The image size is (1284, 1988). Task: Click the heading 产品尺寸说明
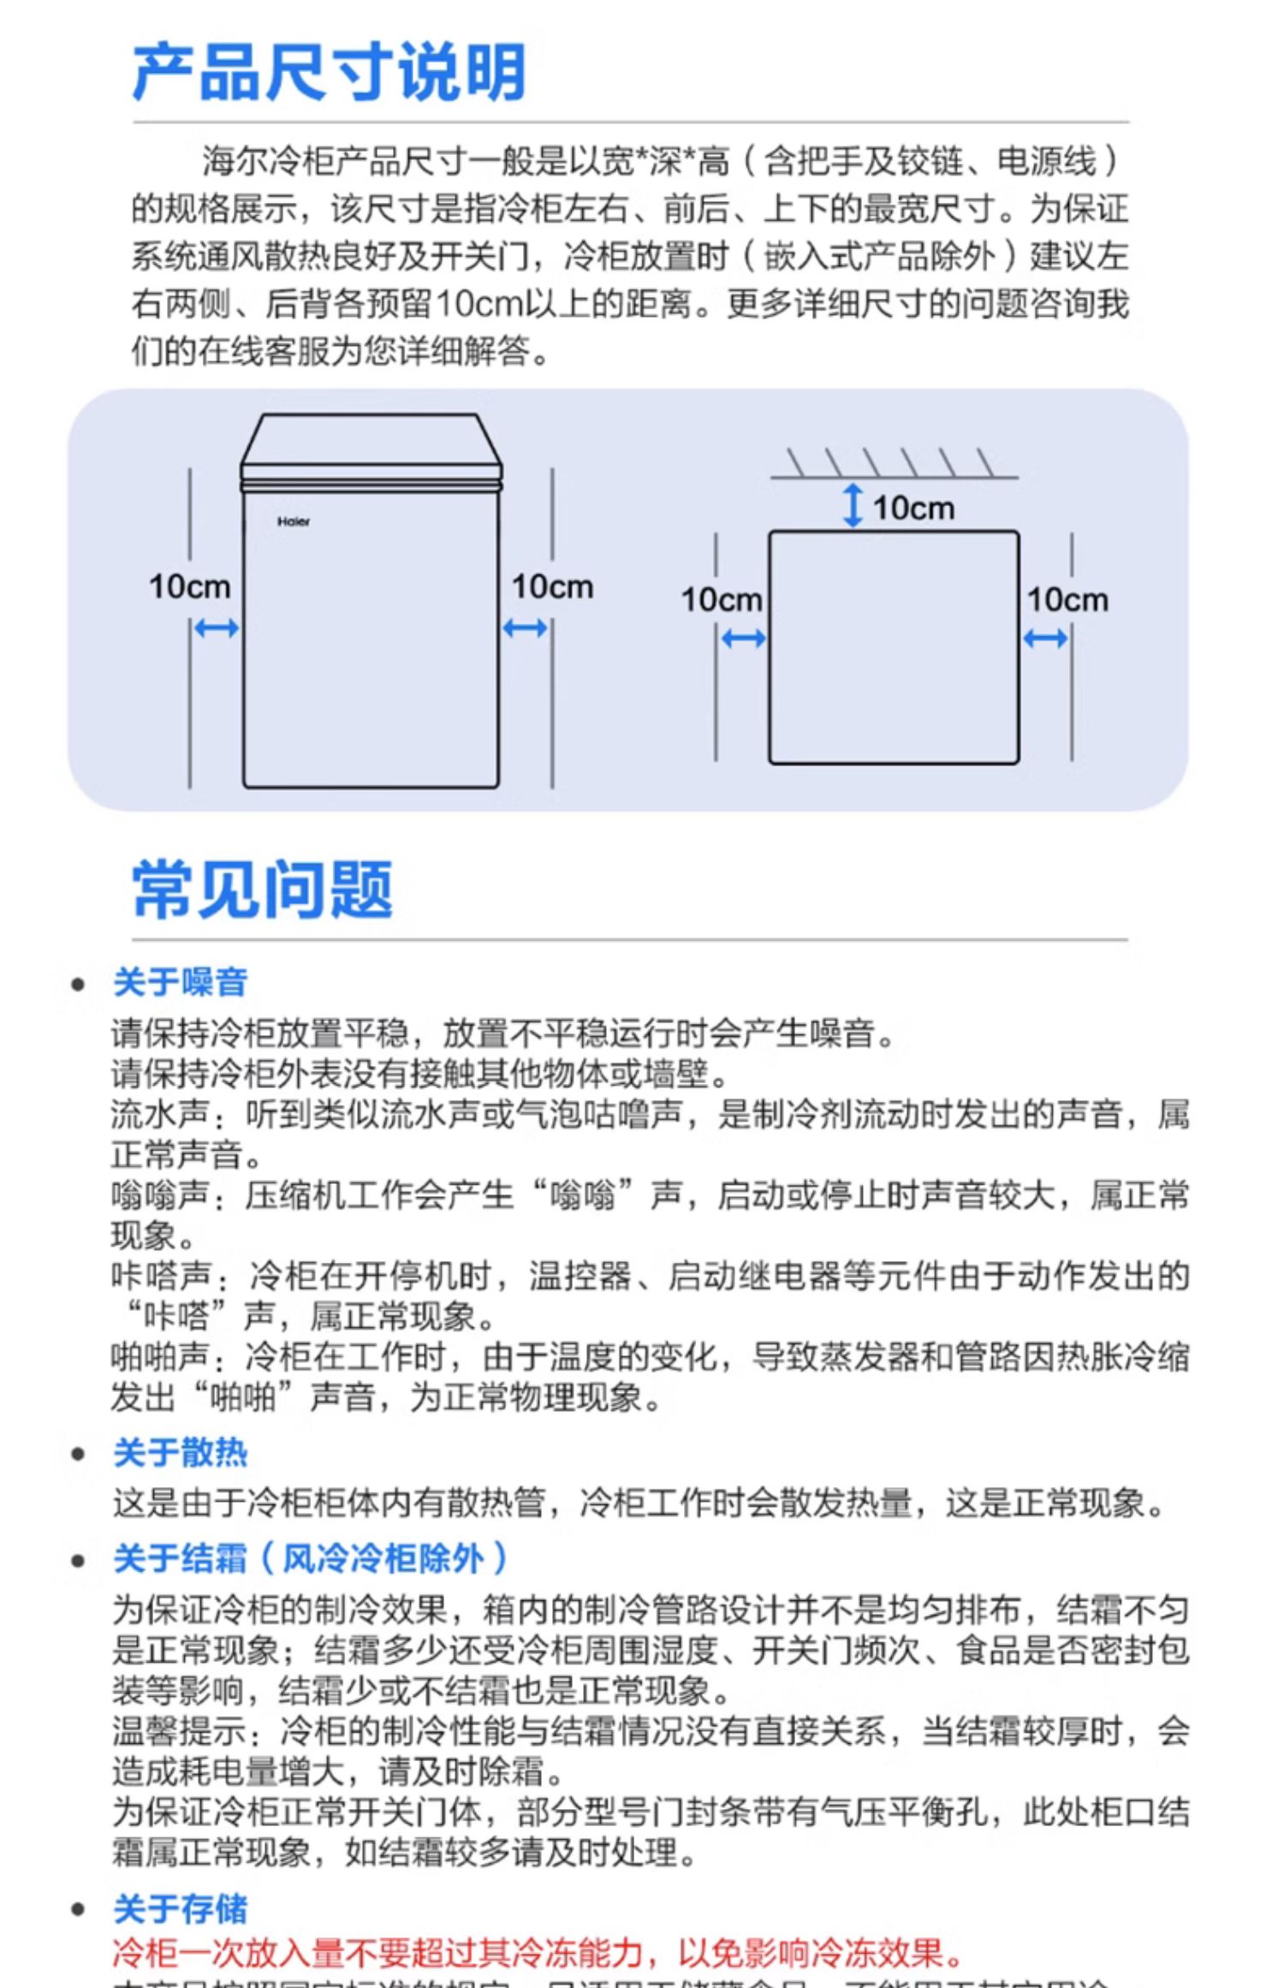(x=329, y=74)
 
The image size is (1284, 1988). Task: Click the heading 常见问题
(x=262, y=890)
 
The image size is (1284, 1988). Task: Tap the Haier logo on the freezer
(x=294, y=521)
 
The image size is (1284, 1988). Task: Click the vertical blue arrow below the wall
(x=853, y=505)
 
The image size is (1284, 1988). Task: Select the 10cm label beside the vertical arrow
(x=913, y=509)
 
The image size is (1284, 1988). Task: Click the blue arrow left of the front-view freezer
(x=216, y=629)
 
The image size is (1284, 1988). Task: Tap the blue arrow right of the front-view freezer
(x=525, y=629)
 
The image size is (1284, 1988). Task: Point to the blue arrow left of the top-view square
(x=743, y=639)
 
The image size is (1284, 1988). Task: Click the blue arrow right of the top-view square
(x=1045, y=639)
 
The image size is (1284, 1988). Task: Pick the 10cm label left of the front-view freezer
(x=189, y=587)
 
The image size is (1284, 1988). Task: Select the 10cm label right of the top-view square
(x=1067, y=600)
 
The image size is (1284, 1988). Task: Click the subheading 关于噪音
(x=181, y=982)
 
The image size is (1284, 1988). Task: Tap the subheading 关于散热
(x=181, y=1453)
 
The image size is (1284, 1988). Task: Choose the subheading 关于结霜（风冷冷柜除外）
(x=311, y=1558)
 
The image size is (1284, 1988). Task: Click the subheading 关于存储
(x=181, y=1909)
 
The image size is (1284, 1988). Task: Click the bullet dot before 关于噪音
(x=79, y=985)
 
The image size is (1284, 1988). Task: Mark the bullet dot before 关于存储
(x=79, y=1911)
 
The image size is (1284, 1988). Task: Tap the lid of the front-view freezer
(x=371, y=441)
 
